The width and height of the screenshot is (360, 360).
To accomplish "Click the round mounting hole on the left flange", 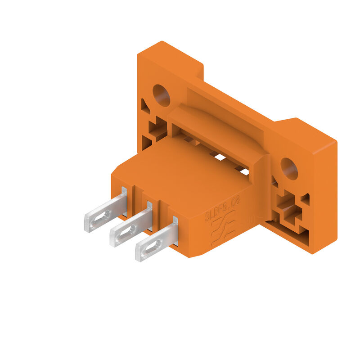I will click(x=161, y=95).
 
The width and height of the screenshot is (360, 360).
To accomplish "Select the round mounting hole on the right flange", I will click(x=289, y=168).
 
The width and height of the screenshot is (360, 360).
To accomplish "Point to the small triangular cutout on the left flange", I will click(x=145, y=106).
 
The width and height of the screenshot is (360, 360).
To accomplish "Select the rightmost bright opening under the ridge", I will click(x=244, y=171).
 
